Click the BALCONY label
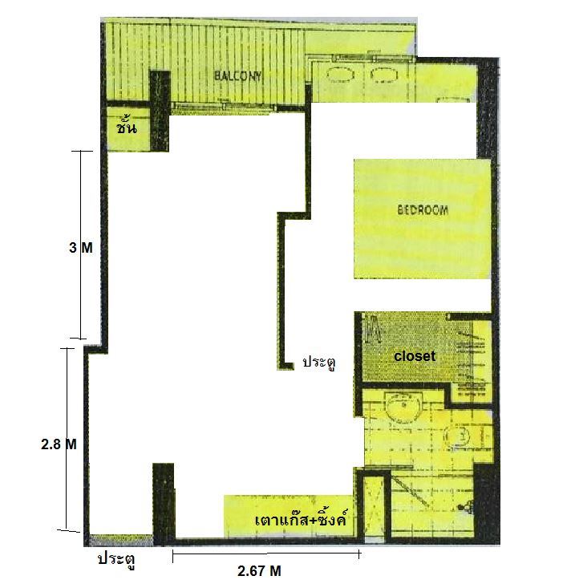point(237,76)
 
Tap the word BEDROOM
point(423,209)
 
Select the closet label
point(415,356)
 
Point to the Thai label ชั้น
point(127,127)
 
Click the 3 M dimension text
point(81,248)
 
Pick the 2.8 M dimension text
point(59,444)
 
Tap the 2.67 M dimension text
point(259,570)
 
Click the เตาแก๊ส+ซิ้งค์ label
point(300,519)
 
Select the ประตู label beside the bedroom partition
point(319,363)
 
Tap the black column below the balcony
point(160,111)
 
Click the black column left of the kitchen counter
point(164,502)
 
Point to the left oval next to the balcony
point(341,74)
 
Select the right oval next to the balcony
point(384,75)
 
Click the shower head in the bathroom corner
point(466,507)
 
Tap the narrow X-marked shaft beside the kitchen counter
point(374,506)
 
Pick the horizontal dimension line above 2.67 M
point(266,554)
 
